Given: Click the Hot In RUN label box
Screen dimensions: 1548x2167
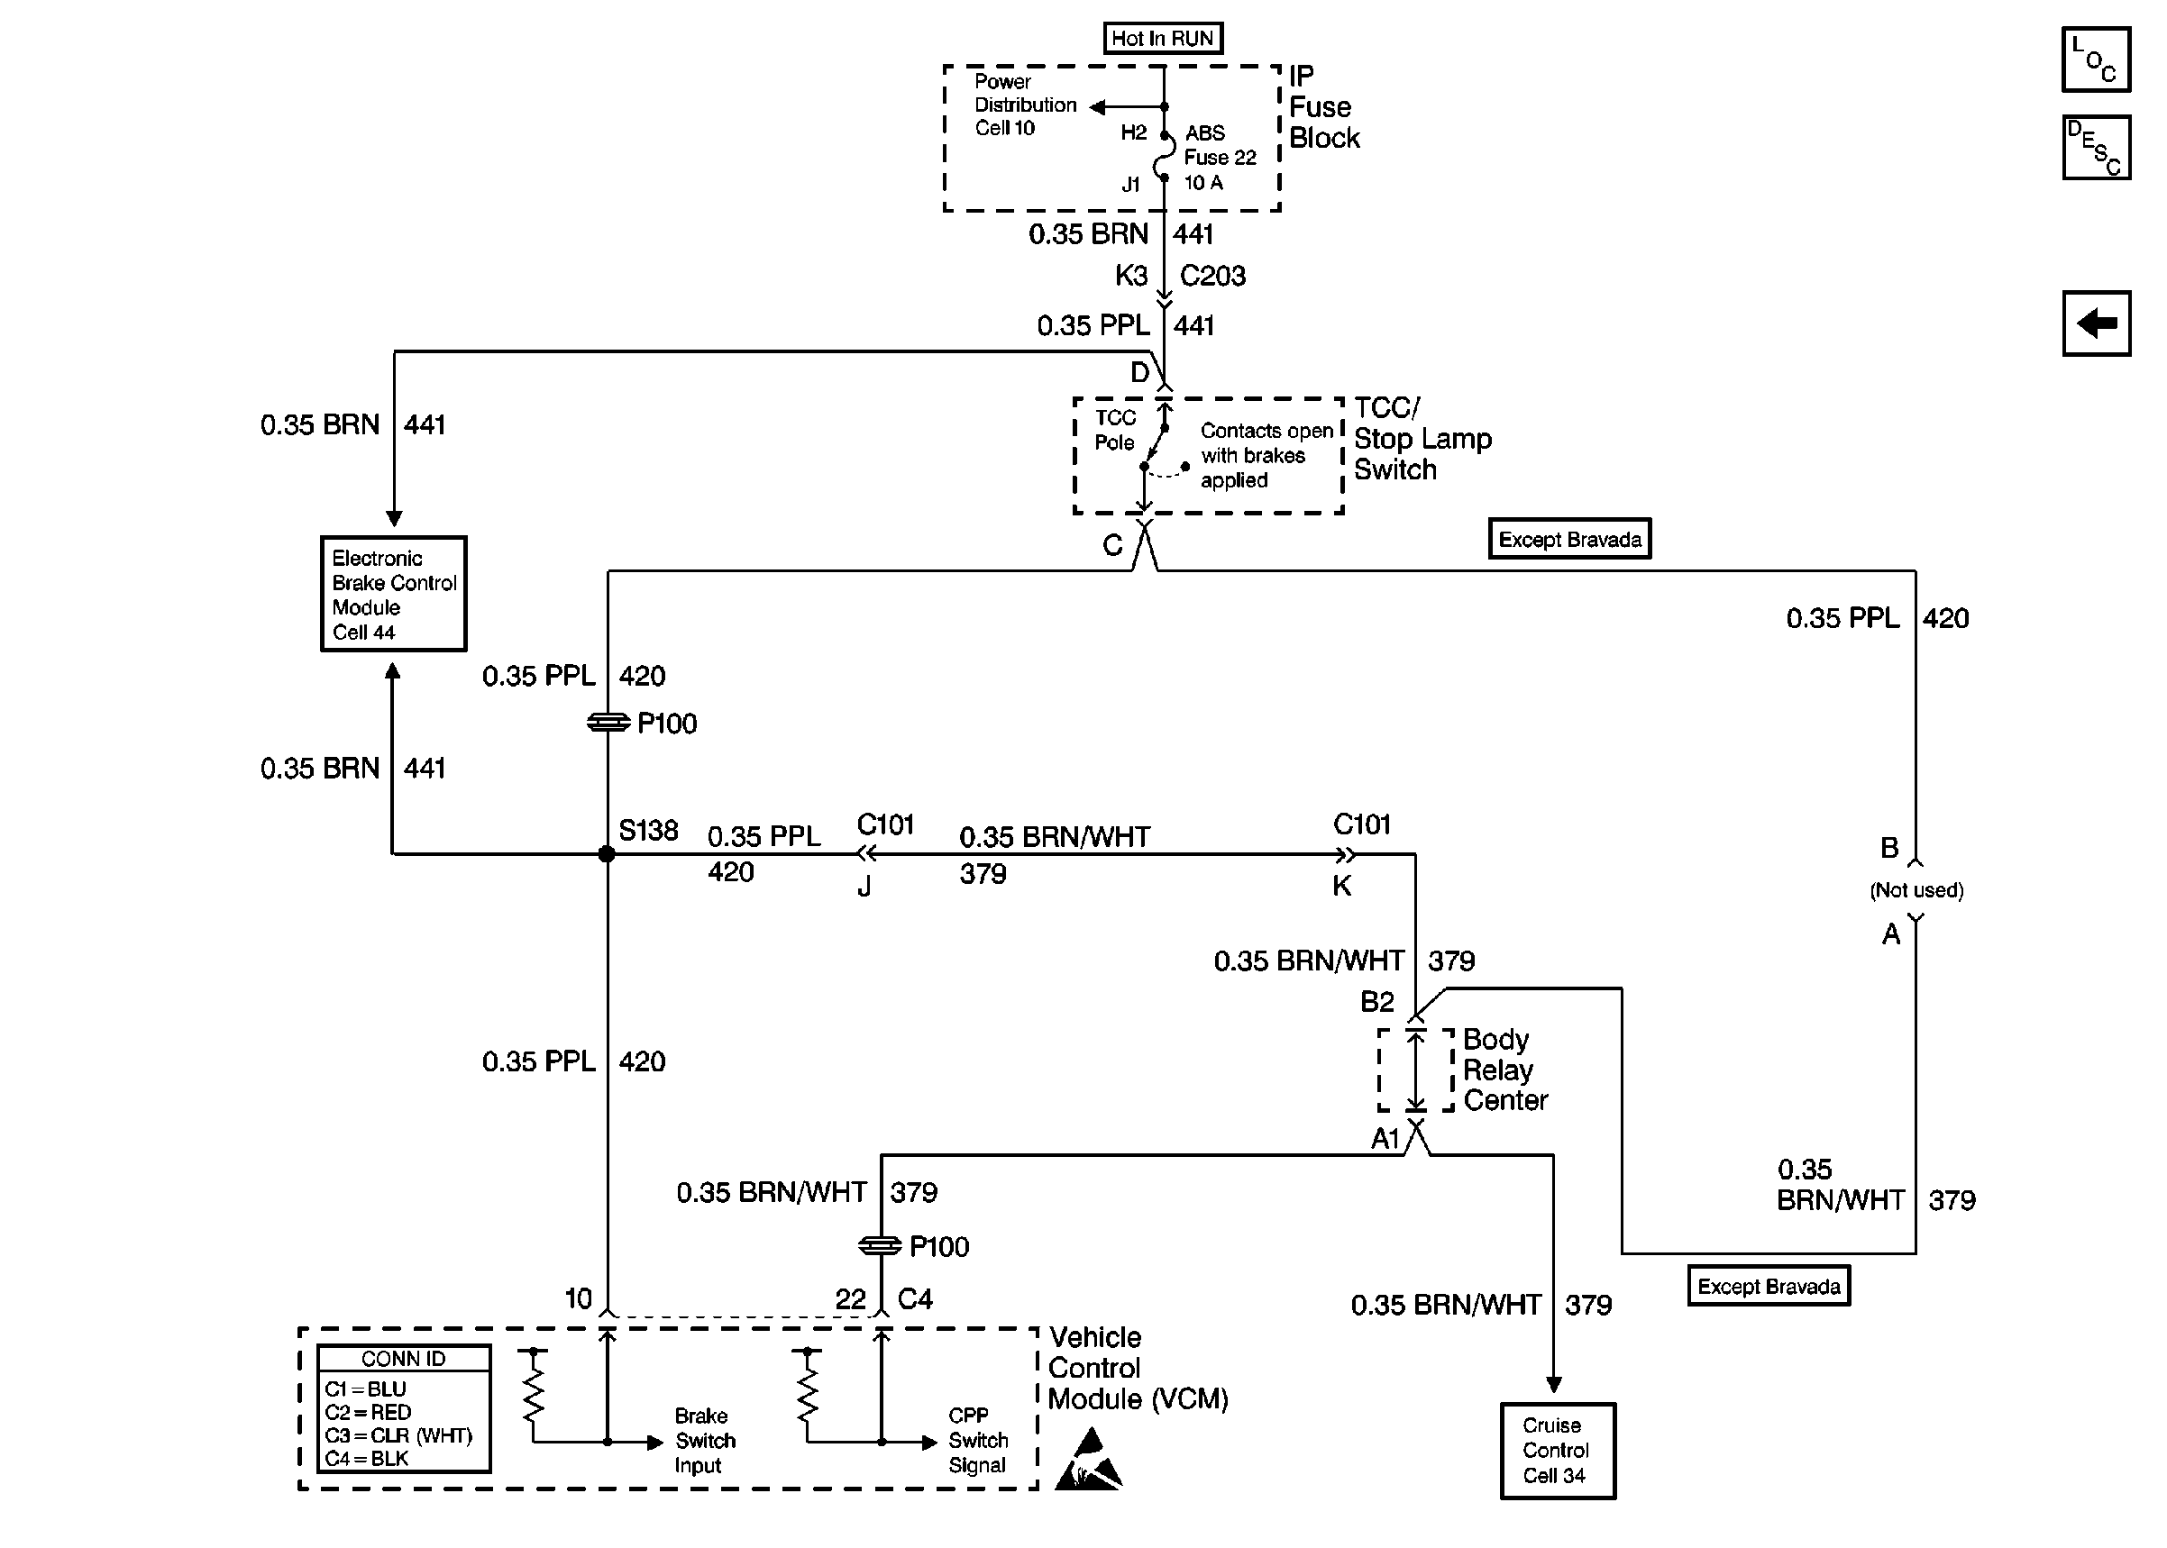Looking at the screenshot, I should pos(1162,38).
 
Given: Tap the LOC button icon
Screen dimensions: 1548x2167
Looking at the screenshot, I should pos(2096,59).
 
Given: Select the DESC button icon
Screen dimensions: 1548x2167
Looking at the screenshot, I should pos(2096,148).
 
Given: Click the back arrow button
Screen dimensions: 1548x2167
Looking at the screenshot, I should pos(2096,323).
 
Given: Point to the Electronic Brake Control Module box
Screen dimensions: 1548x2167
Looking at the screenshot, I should pos(393,594).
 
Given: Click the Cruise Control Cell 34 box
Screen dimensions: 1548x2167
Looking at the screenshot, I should pos(1557,1450).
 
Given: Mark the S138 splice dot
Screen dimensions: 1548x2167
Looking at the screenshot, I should pos(607,854).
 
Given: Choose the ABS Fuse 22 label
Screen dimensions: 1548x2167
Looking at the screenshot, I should pos(1220,158).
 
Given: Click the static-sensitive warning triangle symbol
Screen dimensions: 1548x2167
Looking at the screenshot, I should pos(1088,1460).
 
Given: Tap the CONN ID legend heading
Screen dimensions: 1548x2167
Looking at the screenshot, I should pos(403,1358).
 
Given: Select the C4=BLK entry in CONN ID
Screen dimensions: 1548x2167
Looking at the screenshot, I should pos(366,1459).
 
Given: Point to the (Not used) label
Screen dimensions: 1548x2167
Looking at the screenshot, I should pos(1916,890).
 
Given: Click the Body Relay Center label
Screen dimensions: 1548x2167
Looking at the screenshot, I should pos(1504,1070).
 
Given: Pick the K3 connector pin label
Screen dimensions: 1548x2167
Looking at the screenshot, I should pos(1130,276).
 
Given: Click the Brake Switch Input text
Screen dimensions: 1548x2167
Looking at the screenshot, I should pos(705,1440).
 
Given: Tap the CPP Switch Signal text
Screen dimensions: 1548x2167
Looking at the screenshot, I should pos(977,1440).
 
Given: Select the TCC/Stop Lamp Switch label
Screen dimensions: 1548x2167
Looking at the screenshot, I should pos(1422,439).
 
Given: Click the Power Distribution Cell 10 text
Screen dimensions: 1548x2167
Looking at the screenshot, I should pos(1025,105).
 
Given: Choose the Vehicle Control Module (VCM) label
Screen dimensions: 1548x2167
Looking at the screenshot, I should pos(1138,1368).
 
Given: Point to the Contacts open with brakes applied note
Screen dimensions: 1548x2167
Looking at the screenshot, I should pos(1266,456).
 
